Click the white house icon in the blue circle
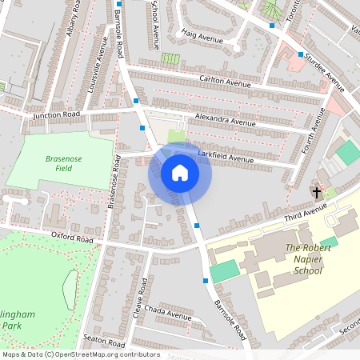click(x=179, y=173)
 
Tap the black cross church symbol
click(x=316, y=193)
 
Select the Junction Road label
click(x=57, y=115)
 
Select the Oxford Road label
click(x=73, y=239)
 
